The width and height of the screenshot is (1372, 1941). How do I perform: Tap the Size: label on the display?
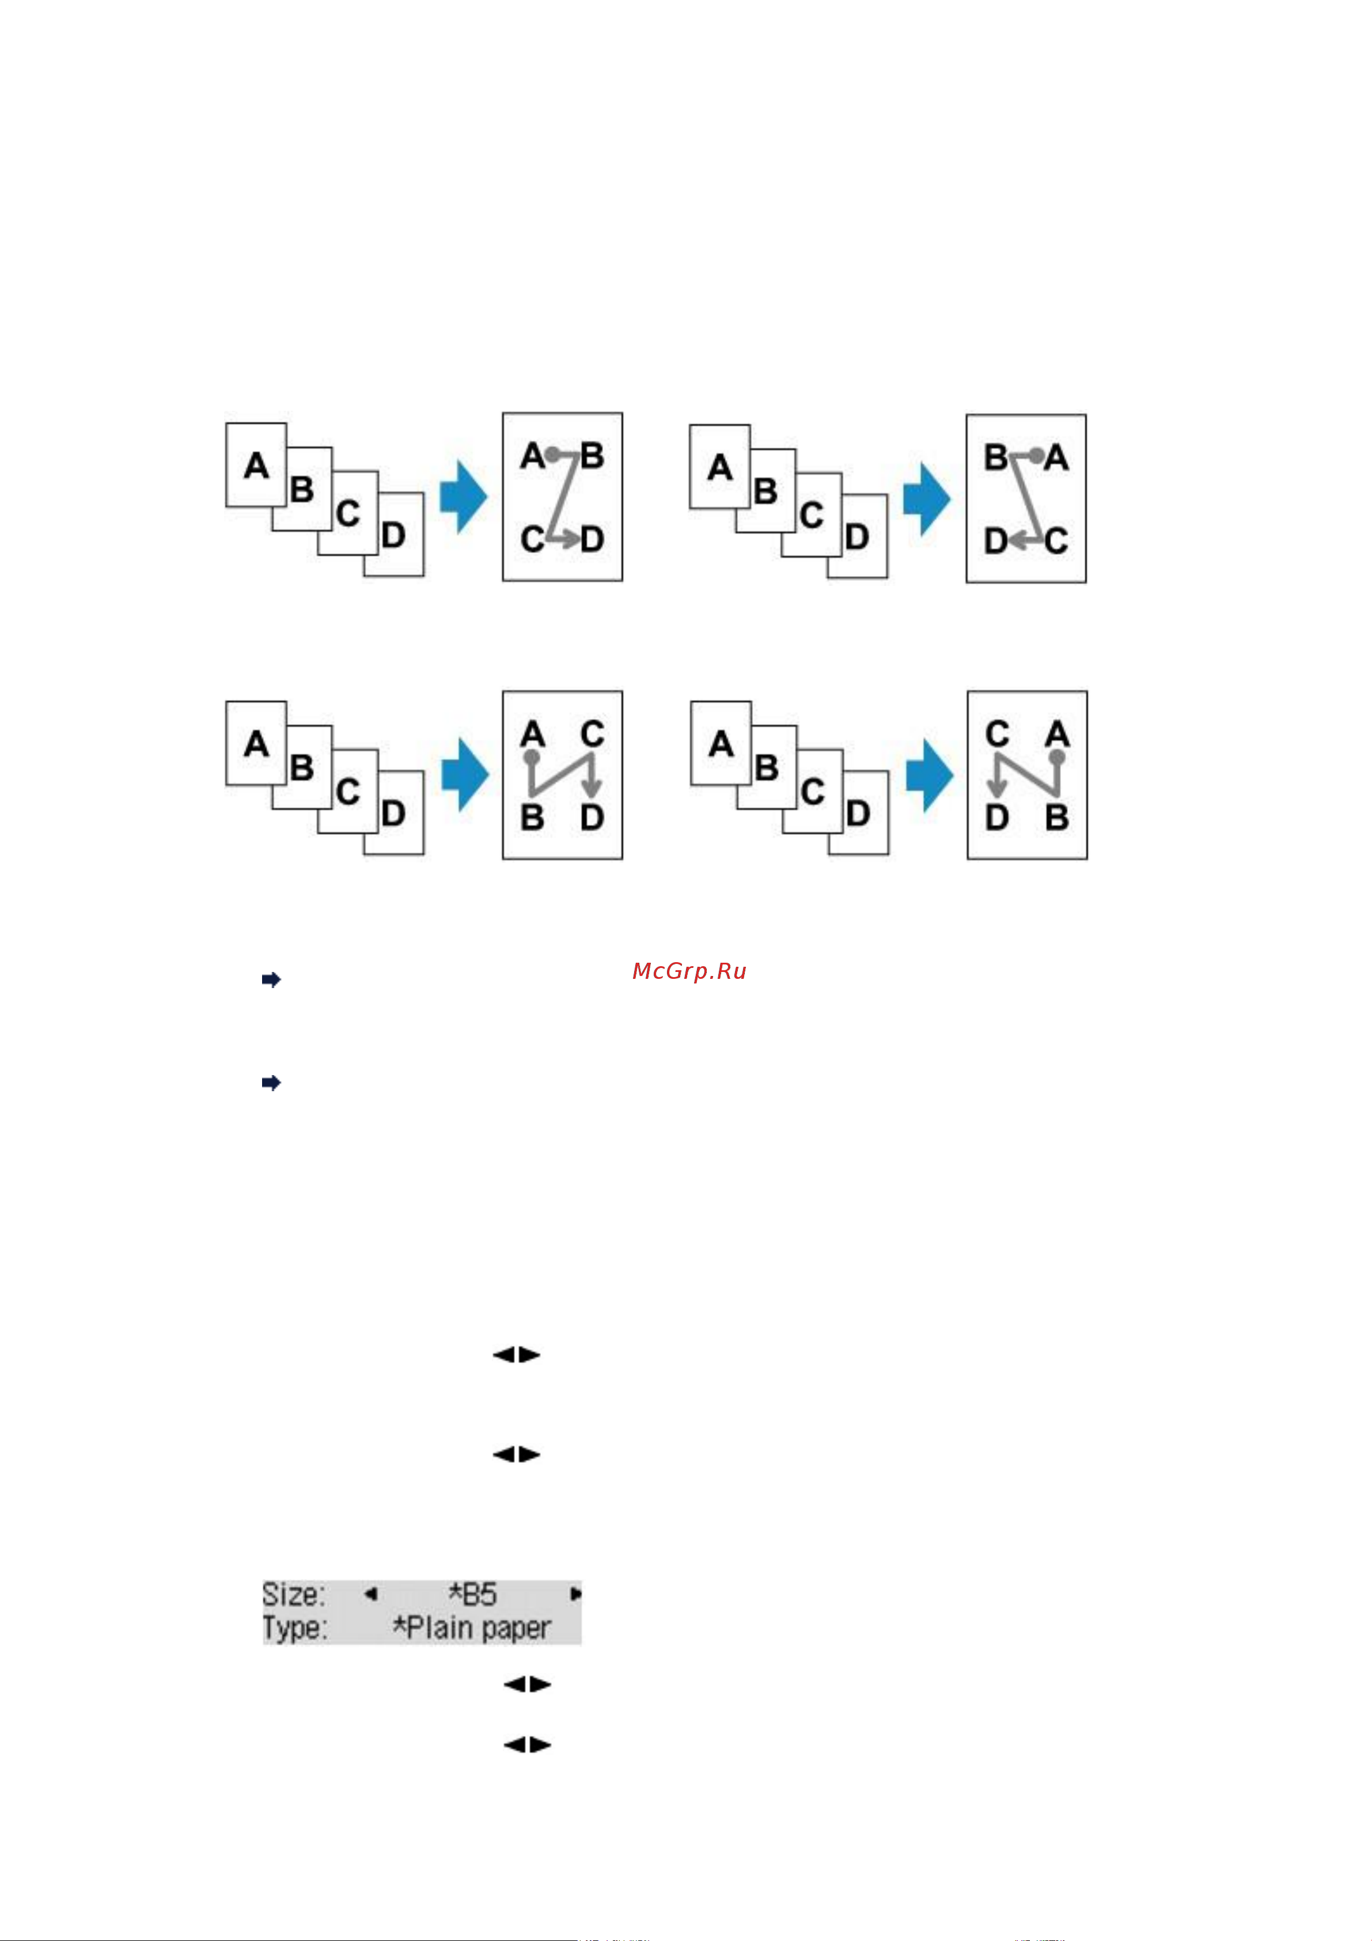click(293, 1594)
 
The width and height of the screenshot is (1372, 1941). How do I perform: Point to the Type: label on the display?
click(294, 1628)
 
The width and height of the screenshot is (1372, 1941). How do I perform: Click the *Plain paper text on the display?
click(472, 1628)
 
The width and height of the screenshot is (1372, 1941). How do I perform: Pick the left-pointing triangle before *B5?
click(370, 1594)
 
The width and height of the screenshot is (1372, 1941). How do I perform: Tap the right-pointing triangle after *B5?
click(575, 1594)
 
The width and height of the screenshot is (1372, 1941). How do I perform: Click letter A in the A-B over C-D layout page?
click(533, 456)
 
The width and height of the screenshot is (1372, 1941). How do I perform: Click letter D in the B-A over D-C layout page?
click(996, 541)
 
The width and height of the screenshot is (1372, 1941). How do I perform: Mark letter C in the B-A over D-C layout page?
click(1056, 541)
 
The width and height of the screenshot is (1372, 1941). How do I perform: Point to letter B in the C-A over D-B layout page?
click(1057, 818)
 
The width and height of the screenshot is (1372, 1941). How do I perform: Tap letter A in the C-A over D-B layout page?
click(1057, 734)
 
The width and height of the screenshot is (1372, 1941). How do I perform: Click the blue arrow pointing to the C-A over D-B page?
click(929, 775)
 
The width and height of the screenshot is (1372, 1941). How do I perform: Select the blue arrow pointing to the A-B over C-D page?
click(463, 497)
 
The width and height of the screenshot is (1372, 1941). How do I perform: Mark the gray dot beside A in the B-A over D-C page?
click(1036, 456)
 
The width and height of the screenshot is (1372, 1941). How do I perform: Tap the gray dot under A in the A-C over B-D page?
click(532, 758)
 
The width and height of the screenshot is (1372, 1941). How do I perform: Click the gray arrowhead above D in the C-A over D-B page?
click(998, 789)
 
